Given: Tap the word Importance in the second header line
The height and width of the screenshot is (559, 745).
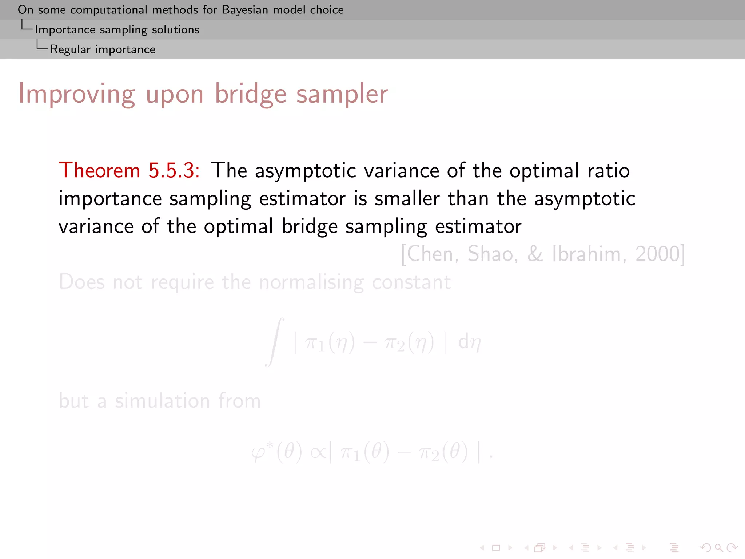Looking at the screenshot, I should coord(65,29).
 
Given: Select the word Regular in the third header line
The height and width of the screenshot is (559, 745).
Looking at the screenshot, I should coord(70,49).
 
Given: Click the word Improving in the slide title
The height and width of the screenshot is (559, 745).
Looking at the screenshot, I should coord(76,94).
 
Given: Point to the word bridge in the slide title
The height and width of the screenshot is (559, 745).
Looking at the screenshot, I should coord(251,94).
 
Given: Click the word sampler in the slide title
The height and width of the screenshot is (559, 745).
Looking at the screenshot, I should coord(342,94).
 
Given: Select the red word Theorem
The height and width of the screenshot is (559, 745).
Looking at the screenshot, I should coord(99,170).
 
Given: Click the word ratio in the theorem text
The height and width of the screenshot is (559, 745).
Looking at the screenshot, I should coord(609,170).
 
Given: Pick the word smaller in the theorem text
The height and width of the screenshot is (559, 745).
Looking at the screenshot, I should coord(407,199).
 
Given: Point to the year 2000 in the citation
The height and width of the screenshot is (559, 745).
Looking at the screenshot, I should coord(658,254).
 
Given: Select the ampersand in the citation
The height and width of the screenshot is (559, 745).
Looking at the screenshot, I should coord(535,254).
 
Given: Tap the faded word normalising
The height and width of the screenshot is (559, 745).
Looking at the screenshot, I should coord(311,282).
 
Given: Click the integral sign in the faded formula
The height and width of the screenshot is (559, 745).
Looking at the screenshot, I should coord(275,342).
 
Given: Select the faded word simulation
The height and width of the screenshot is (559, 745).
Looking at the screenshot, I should coord(162,401).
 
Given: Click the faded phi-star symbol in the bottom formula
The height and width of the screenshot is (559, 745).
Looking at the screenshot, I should coord(262,452).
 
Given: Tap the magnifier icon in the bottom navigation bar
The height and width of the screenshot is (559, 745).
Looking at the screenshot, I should coord(718,548).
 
